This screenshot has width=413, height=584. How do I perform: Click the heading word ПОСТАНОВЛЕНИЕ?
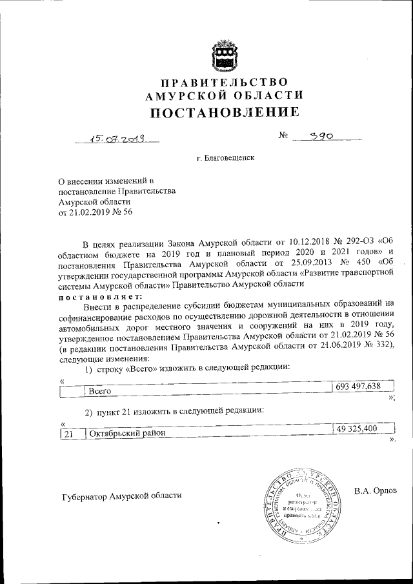coord(225,112)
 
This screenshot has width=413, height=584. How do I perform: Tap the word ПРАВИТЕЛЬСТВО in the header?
coord(225,82)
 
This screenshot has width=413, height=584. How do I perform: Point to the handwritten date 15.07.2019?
coord(117,137)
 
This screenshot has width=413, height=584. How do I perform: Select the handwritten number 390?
coord(322,137)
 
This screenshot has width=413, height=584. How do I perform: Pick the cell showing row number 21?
coord(67,434)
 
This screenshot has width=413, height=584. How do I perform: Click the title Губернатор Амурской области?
coord(122,496)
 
